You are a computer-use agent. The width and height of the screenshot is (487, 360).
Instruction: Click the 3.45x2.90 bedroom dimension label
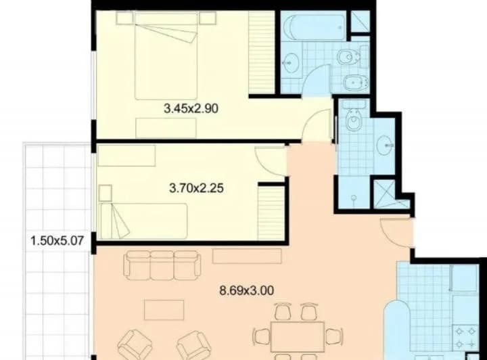[x=191, y=109]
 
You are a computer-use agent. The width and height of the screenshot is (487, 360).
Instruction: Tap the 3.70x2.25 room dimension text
[x=196, y=188]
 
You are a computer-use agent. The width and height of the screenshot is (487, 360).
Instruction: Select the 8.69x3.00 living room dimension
[x=247, y=291]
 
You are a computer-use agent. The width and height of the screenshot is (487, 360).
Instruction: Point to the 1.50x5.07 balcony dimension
[x=57, y=241]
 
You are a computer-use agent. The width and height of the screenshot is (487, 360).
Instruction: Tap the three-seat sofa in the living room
[x=162, y=265]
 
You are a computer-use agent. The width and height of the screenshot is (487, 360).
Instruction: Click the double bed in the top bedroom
[x=166, y=56]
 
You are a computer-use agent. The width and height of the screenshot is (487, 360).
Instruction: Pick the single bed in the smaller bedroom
[x=143, y=221]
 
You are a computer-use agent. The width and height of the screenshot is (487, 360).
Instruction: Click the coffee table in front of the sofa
[x=164, y=310]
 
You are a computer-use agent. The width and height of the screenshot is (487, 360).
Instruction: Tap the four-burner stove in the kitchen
[x=465, y=337]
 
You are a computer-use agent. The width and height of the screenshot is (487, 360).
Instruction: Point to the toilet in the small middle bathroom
[x=354, y=116]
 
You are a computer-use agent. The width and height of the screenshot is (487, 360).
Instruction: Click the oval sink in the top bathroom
[x=291, y=63]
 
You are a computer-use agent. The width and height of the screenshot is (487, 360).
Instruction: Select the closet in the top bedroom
[x=261, y=52]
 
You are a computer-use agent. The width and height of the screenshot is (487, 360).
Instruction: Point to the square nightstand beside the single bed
[x=106, y=194]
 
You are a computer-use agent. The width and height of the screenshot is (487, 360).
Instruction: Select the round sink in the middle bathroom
[x=385, y=145]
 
